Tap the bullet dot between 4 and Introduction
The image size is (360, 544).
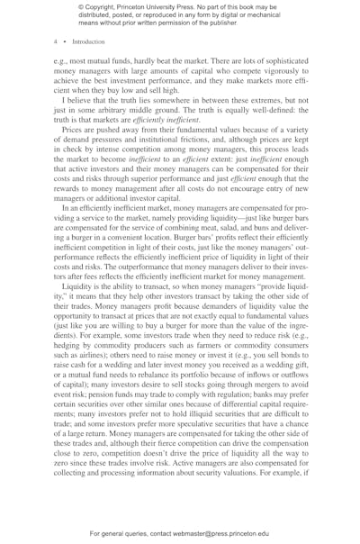[x=64, y=41]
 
